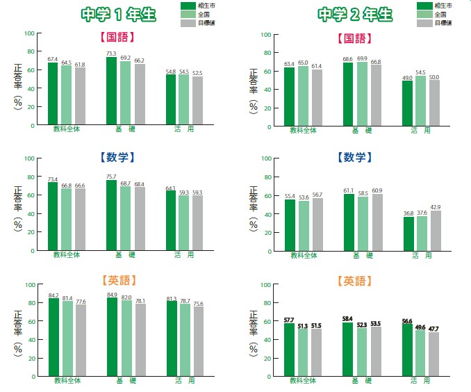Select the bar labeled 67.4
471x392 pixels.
tap(53, 95)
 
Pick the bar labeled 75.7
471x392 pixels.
tap(111, 216)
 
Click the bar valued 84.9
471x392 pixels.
tap(111, 337)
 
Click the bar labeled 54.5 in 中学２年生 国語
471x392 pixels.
tap(420, 100)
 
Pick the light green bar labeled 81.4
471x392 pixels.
tap(66, 338)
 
